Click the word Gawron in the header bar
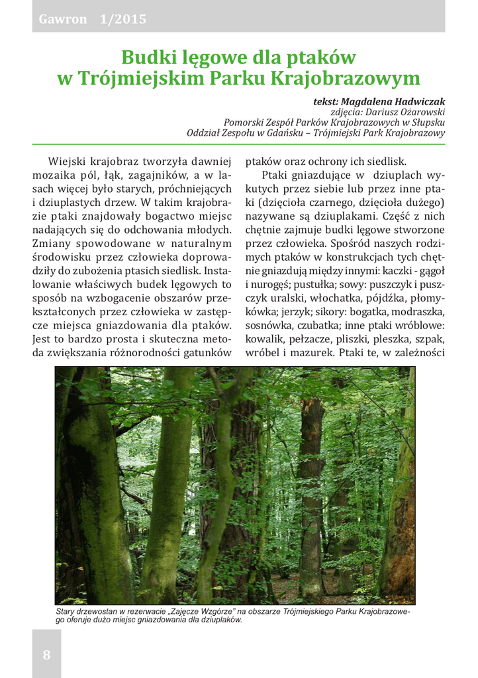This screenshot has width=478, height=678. pyautogui.click(x=63, y=19)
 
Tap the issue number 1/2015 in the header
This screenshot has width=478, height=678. pyautogui.click(x=123, y=19)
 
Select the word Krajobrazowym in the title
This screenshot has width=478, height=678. pyautogui.click(x=354, y=78)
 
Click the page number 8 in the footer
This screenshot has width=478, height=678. pyautogui.click(x=46, y=655)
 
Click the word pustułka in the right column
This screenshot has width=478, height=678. pyautogui.click(x=323, y=285)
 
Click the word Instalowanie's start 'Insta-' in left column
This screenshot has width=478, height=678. pyautogui.click(x=218, y=271)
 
